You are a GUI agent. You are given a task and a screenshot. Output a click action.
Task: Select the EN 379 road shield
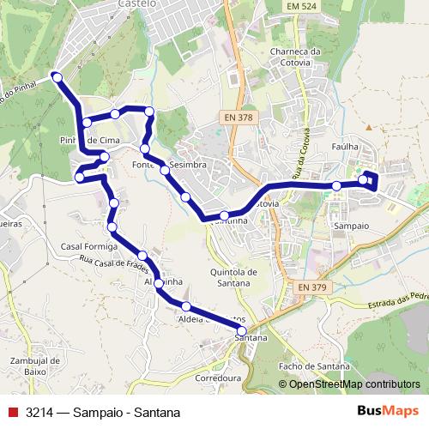pos(312,287)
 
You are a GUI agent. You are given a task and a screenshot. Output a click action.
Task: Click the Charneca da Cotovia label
pos(294,56)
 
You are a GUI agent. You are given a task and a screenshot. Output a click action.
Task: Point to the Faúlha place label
pos(344,147)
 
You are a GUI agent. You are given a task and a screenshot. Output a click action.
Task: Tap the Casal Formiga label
pos(83,246)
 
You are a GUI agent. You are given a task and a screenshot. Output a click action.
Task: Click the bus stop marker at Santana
pos(241,330)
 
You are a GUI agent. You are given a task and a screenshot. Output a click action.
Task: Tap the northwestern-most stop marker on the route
pos(57,77)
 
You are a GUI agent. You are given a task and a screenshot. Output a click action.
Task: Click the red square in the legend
pos(12,412)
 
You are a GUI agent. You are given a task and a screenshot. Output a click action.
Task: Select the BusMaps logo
pos(388,412)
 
